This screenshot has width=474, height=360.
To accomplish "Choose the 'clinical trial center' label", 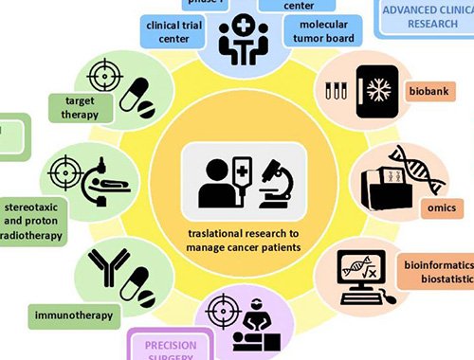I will pyautogui.click(x=175, y=30).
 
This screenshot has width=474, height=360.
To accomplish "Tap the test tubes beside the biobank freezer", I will pyautogui.click(x=336, y=92).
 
